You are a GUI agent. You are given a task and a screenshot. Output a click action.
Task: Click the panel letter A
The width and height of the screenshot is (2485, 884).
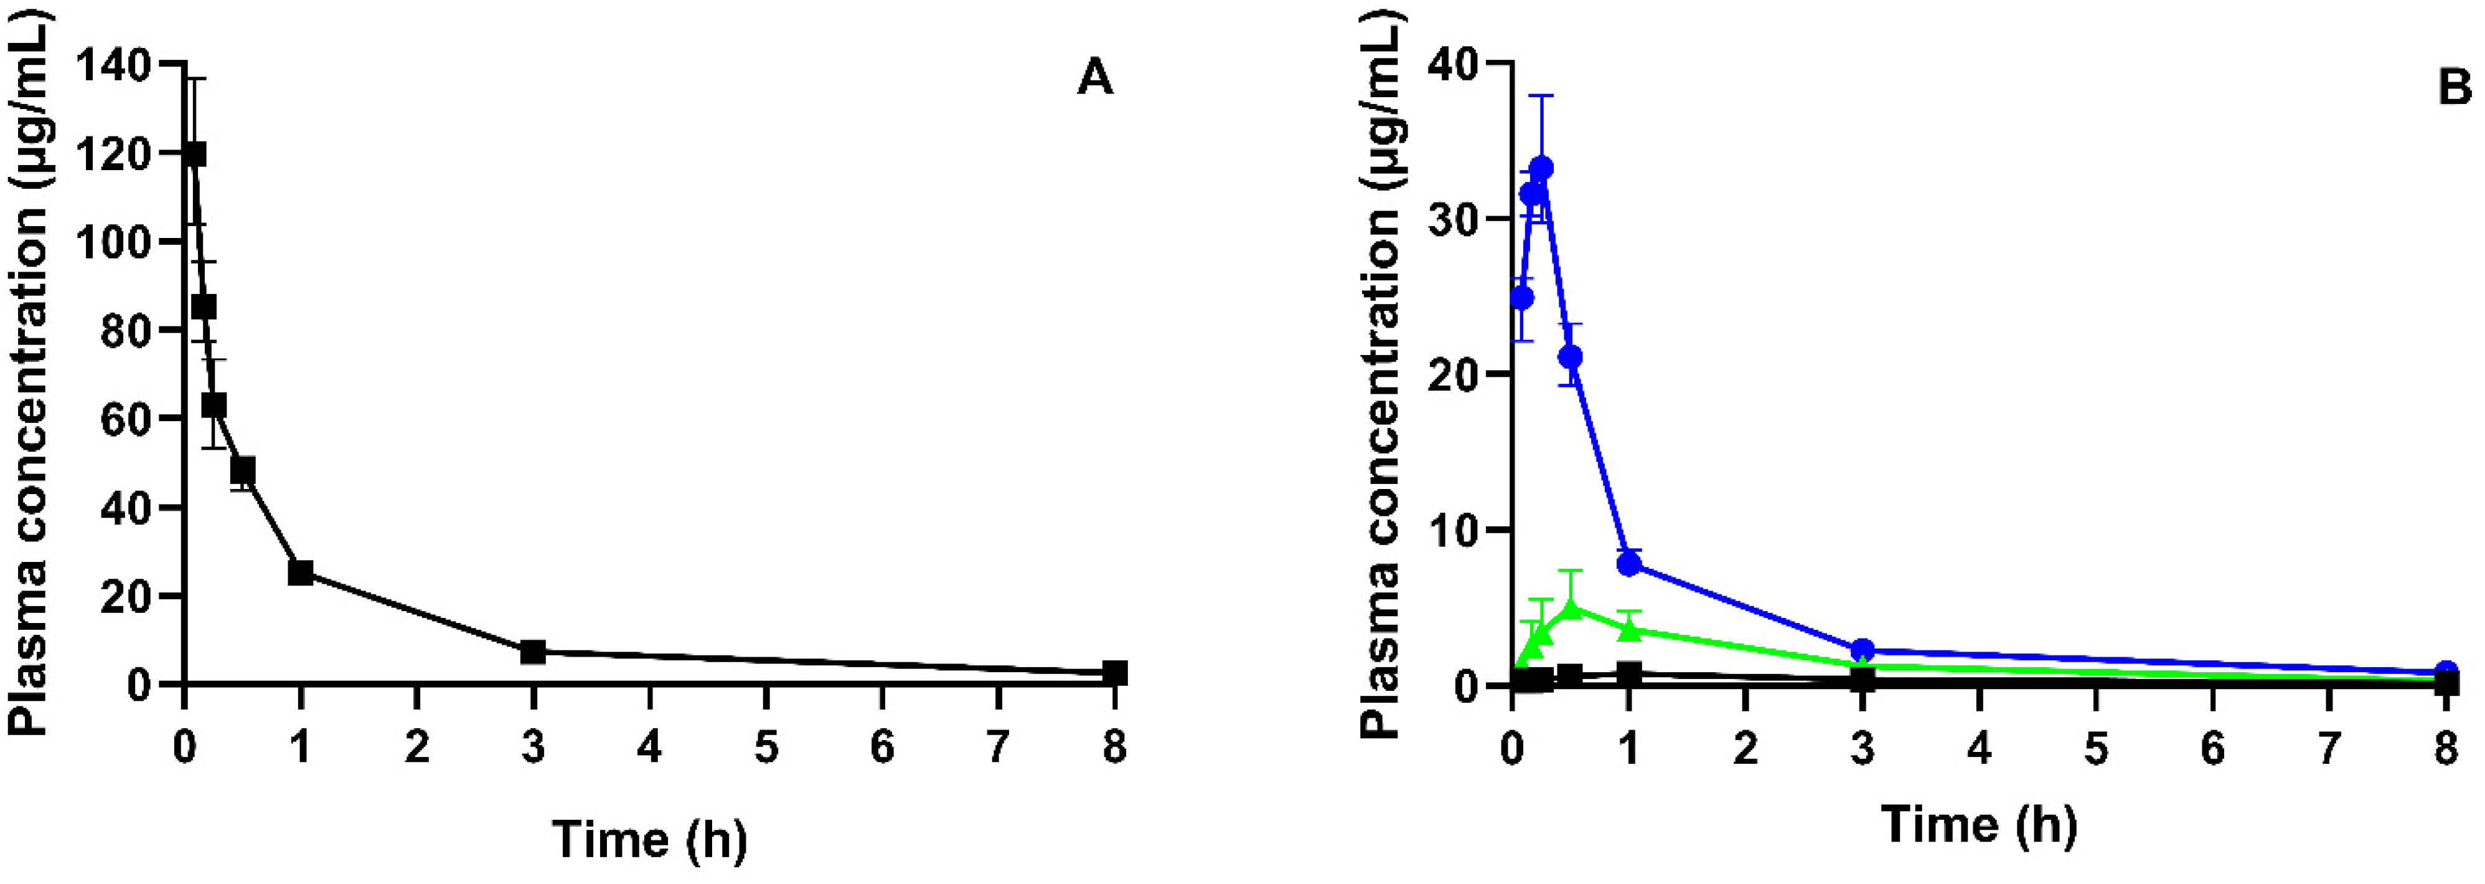1095,78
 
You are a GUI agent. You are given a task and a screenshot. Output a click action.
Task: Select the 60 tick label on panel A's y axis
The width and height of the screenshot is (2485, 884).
141,418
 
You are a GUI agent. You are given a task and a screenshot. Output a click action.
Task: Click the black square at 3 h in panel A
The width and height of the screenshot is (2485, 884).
532,652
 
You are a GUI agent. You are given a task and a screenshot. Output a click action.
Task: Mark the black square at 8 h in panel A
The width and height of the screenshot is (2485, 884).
1115,673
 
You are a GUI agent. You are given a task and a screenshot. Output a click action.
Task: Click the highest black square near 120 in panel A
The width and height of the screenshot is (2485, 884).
194,154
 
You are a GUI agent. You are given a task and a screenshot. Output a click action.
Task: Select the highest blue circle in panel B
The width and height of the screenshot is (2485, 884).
1541,168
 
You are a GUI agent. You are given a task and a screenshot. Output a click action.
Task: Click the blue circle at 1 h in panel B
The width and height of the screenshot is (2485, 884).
1629,564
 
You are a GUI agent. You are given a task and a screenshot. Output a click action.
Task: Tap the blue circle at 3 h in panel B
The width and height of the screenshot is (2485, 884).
1863,650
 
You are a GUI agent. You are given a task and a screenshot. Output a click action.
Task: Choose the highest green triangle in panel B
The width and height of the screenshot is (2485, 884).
1571,608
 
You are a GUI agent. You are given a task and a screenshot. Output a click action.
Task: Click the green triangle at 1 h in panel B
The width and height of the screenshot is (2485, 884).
1629,629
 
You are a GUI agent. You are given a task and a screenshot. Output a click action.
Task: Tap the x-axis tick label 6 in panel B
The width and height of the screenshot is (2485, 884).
2213,748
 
